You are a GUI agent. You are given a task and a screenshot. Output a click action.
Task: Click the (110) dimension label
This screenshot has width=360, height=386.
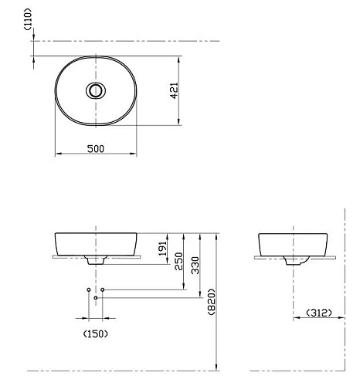coord(28,19)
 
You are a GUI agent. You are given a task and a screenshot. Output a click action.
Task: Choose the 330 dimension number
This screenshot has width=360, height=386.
coord(195,265)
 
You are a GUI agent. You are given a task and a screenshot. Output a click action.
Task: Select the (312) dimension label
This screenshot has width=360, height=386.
coord(318,313)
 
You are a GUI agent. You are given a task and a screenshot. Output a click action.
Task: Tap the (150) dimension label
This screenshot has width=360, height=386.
coord(95,334)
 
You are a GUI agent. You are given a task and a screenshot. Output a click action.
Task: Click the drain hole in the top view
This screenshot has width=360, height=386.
coord(95,90)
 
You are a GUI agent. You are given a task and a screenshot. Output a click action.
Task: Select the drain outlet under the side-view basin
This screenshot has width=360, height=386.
coord(294,261)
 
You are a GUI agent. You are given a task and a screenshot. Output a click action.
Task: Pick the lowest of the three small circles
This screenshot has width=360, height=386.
coord(95,297)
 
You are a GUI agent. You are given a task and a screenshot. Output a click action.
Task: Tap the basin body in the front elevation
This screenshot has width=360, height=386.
coord(95,242)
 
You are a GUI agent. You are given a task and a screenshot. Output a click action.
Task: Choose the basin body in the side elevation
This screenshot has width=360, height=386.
coord(294,242)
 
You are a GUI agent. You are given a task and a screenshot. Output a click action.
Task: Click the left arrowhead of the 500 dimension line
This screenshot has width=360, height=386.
coord(58,154)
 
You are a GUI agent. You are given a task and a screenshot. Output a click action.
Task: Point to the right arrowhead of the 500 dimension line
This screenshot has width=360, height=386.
coord(133,154)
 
